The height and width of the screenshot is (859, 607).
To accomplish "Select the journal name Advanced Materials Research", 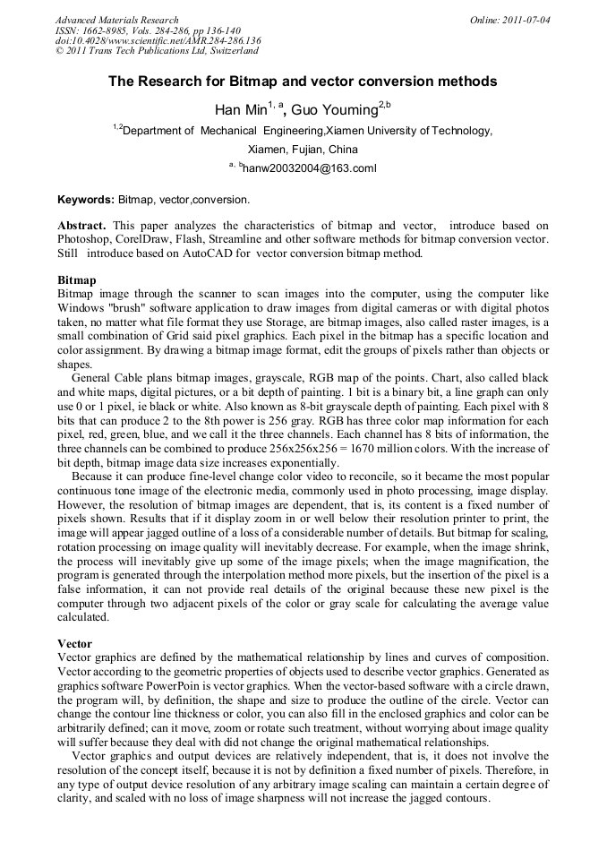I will click(116, 20).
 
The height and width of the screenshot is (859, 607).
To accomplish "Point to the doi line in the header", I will click(158, 41).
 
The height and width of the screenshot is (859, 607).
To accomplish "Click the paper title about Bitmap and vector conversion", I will click(303, 82).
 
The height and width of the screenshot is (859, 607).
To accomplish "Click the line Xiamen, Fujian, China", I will click(303, 150).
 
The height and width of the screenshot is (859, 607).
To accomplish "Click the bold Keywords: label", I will click(86, 199).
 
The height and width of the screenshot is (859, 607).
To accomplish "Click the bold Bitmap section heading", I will click(77, 280).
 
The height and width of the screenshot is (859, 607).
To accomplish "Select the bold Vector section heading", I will click(75, 643).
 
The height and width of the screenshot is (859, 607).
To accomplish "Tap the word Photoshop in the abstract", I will click(89, 240).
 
